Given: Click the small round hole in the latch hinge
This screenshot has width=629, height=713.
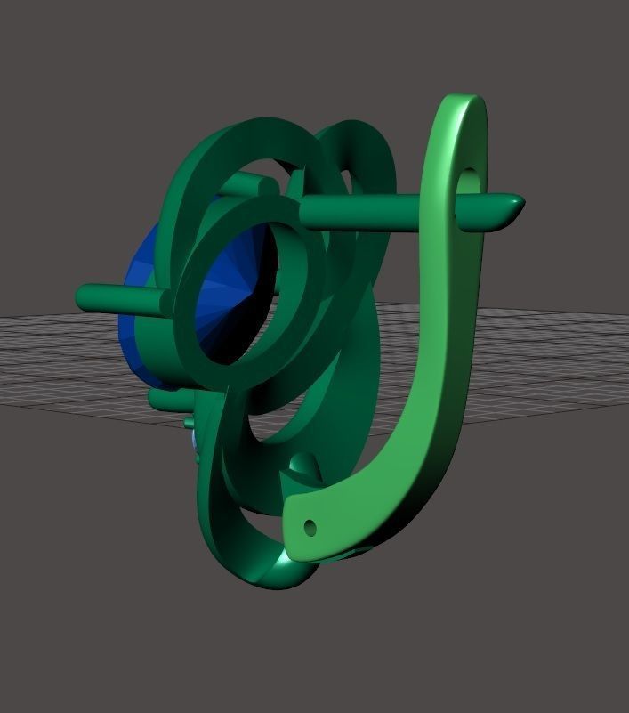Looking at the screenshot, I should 310,527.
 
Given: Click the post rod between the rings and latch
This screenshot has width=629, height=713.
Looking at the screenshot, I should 374,210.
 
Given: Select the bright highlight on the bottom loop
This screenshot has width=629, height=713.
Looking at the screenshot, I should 283,563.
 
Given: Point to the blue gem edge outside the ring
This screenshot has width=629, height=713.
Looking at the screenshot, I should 142,276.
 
